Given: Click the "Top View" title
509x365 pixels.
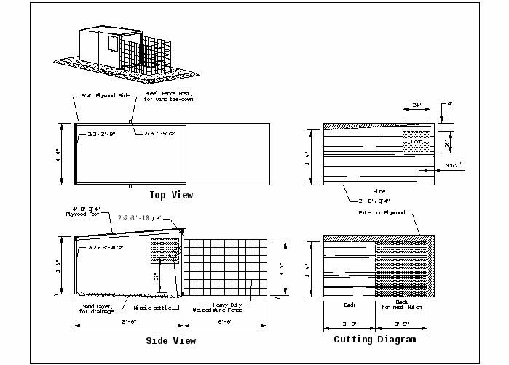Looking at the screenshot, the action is [171, 195].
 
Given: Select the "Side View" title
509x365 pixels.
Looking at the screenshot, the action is [171, 340].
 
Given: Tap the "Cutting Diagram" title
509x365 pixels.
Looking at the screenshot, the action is [375, 340].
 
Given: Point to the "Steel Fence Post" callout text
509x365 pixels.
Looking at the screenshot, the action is [167, 96].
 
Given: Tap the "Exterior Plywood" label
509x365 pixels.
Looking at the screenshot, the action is [380, 213].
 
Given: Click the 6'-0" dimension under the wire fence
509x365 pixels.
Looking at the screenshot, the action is [226, 321].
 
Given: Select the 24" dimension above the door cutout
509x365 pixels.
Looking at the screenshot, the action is [417, 105].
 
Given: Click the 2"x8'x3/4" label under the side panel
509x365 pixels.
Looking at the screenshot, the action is [374, 200].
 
